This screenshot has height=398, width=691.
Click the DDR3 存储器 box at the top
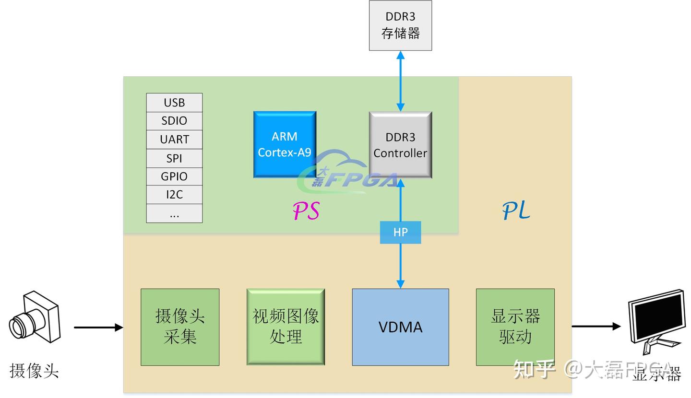coord(400,25)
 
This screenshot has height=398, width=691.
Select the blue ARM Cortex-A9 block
coord(285,144)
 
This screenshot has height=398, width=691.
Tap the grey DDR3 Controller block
coord(400,145)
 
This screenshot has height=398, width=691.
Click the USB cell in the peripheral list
coord(174,103)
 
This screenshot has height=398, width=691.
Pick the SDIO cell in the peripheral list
coord(174,121)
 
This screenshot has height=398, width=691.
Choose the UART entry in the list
coord(174,140)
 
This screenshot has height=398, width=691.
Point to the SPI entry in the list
coord(174,158)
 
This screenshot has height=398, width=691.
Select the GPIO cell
coord(174,176)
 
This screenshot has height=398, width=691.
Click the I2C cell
coord(174,195)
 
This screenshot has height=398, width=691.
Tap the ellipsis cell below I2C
coord(174,213)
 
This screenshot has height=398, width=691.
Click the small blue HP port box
coord(400,232)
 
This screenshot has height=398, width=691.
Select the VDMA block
coord(400,327)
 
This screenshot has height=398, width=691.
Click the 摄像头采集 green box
coord(180,327)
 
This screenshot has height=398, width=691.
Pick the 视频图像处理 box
coord(286,327)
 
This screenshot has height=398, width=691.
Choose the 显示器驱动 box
coord(515,327)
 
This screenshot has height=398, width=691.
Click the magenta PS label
coord(306,211)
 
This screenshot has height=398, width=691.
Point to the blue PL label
coord(516,210)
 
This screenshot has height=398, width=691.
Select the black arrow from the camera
coord(98,328)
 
